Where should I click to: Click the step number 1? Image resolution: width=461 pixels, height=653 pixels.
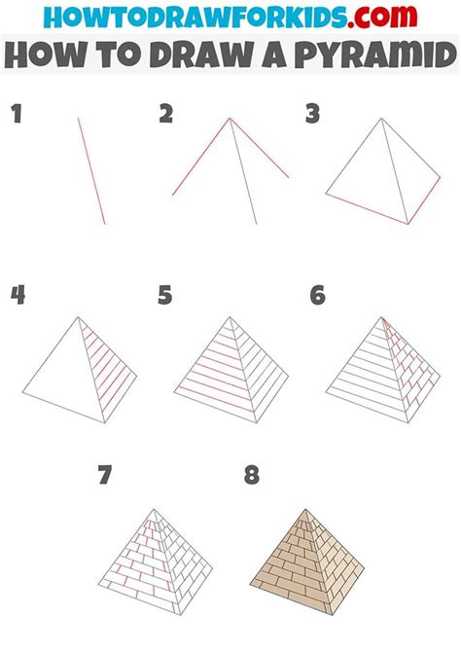(x=17, y=114)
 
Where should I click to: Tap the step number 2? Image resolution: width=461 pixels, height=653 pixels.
(x=166, y=114)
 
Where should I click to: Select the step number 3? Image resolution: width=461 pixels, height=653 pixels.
(x=312, y=115)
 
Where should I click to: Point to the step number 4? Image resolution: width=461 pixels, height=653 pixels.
(x=17, y=295)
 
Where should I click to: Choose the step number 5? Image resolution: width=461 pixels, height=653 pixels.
(x=165, y=295)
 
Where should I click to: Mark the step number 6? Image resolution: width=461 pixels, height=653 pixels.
(x=317, y=295)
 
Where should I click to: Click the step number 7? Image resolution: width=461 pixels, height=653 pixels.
(x=106, y=477)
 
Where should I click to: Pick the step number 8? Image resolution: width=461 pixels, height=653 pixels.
(x=252, y=477)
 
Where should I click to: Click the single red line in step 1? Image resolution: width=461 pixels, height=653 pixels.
(x=91, y=170)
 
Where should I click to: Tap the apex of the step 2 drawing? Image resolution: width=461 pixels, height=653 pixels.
(x=230, y=119)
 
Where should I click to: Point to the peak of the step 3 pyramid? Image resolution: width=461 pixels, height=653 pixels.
(x=382, y=120)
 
